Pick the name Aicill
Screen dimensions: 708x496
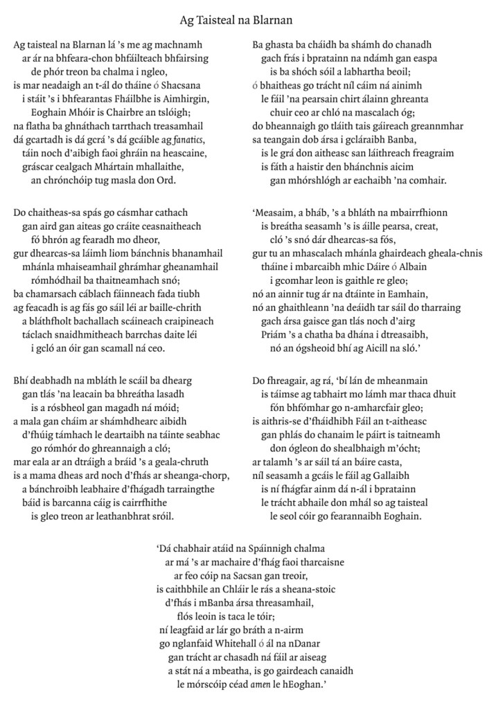click(391, 342)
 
